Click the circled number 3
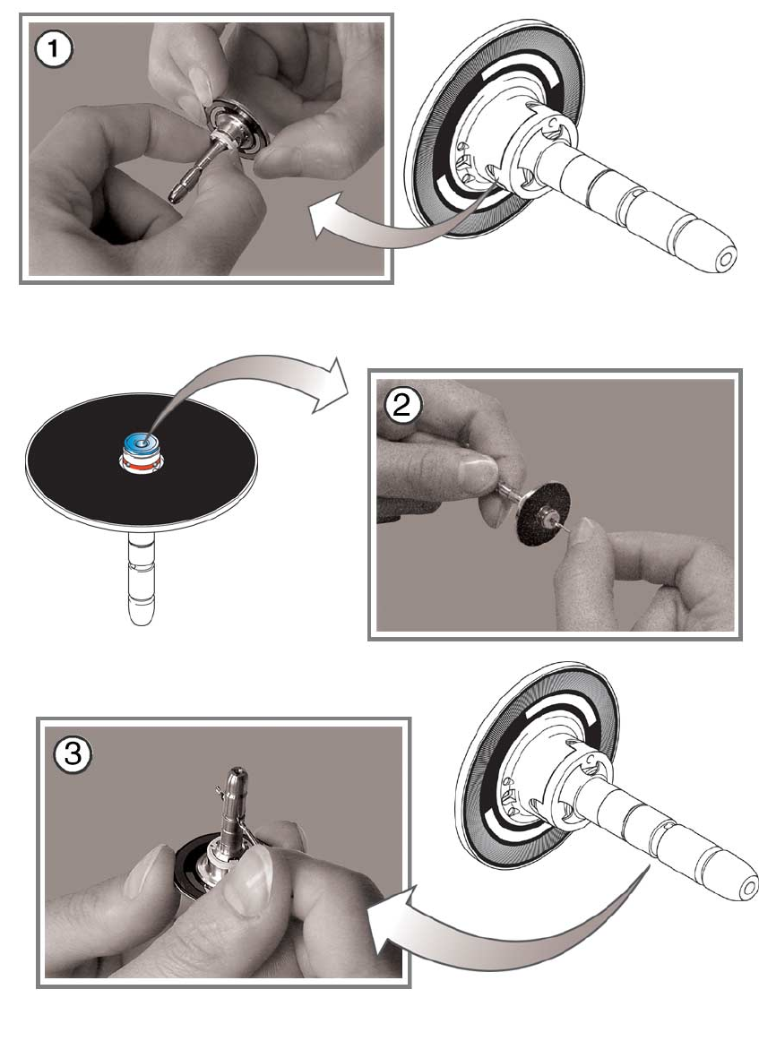tap(72, 755)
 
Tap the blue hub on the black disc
tap(140, 443)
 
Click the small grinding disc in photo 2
tap(535, 517)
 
